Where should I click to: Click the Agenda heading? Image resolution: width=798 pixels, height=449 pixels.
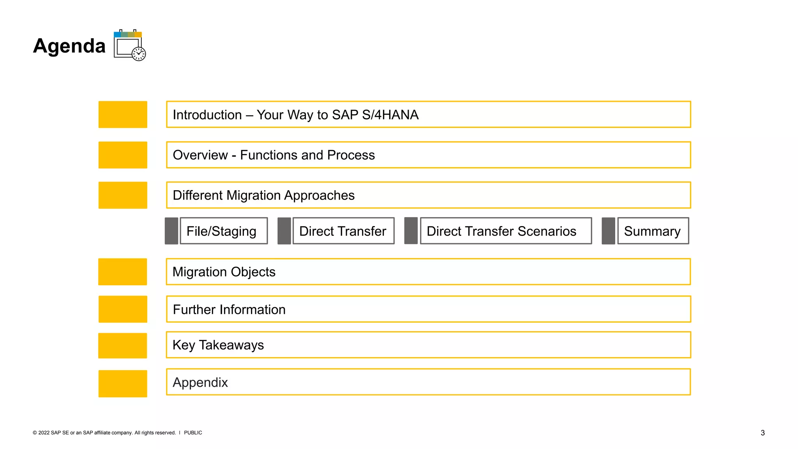pyautogui.click(x=69, y=46)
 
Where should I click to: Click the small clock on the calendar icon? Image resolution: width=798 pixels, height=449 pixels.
pyautogui.click(x=139, y=54)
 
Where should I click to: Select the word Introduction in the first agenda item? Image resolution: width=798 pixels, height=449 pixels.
pyautogui.click(x=207, y=115)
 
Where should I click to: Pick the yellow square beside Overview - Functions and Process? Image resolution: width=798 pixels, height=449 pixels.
pyautogui.click(x=123, y=155)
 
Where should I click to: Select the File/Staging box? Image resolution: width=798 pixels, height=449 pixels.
pyautogui.click(x=223, y=231)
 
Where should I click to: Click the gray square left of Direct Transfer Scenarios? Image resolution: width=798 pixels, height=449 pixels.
pyautogui.click(x=411, y=231)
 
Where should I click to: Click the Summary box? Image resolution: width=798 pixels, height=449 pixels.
pyautogui.click(x=653, y=231)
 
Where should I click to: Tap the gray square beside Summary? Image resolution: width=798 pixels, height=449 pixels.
pyautogui.click(x=608, y=231)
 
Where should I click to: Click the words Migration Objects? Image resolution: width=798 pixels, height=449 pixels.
pyautogui.click(x=224, y=272)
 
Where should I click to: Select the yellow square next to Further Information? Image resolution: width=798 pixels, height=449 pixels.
pyautogui.click(x=123, y=309)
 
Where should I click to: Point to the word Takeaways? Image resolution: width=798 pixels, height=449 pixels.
pyautogui.click(x=231, y=345)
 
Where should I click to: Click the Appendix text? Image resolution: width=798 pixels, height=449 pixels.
pyautogui.click(x=200, y=382)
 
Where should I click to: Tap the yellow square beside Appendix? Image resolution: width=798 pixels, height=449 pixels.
pyautogui.click(x=123, y=384)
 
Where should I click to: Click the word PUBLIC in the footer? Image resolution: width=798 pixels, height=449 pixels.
pyautogui.click(x=193, y=433)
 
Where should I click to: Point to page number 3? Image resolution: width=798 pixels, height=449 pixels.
pyautogui.click(x=763, y=433)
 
